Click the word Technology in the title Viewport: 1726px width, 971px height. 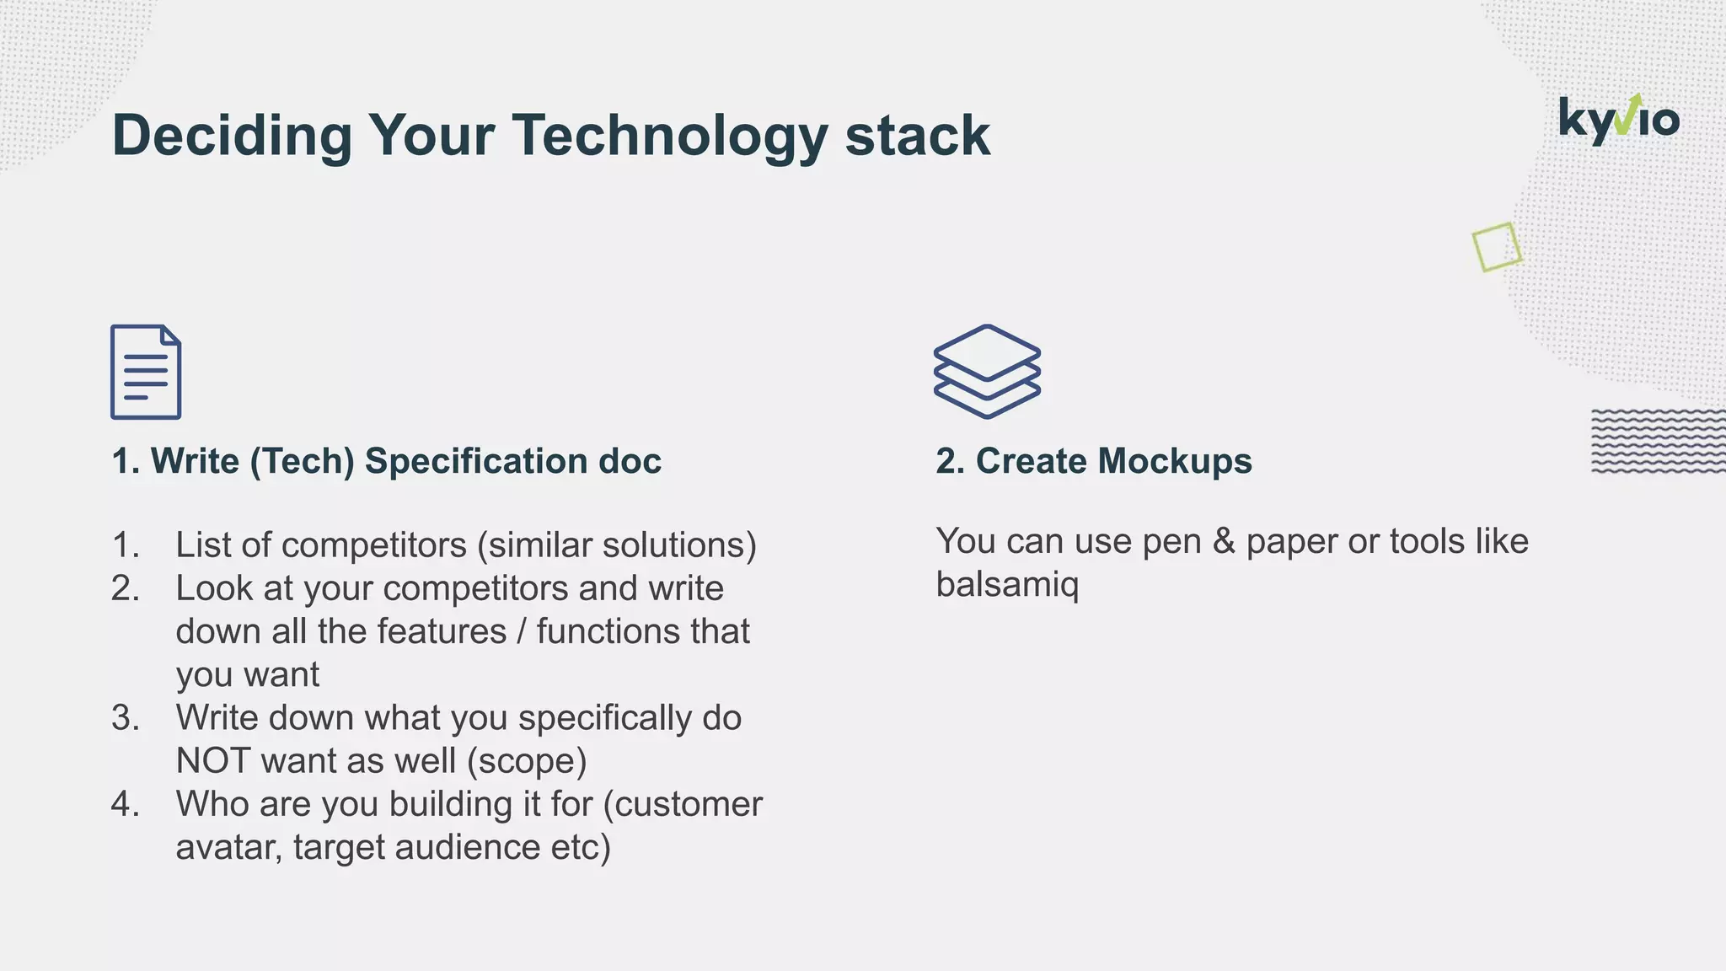(669, 136)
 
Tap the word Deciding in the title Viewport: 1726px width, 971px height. (232, 136)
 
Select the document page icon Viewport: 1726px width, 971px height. (146, 372)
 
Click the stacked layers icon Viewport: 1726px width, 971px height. (987, 371)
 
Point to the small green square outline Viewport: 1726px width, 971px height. (1497, 247)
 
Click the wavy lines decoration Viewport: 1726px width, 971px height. (1657, 441)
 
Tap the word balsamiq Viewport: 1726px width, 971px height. (1007, 584)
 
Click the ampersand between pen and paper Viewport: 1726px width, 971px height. (1223, 541)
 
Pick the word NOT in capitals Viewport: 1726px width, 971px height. (212, 761)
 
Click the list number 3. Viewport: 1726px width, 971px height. (125, 718)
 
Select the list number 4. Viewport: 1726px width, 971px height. (125, 804)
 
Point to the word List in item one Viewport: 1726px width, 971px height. (203, 545)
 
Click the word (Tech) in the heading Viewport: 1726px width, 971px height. (302, 461)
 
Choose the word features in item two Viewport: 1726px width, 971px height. (442, 631)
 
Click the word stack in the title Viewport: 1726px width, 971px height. (917, 136)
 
